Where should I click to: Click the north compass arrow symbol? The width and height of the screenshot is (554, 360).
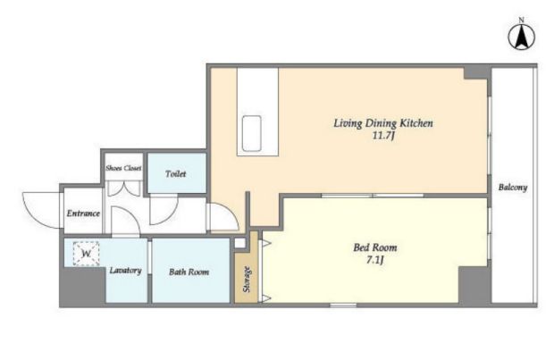click(x=521, y=37)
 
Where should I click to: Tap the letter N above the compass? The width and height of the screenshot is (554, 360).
click(x=521, y=21)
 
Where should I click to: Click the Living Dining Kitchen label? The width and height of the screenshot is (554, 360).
click(x=383, y=123)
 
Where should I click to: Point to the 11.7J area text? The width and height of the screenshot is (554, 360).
click(x=383, y=136)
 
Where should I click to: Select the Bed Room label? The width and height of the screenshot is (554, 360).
click(x=375, y=247)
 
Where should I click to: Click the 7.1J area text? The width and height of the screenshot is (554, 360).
click(x=375, y=260)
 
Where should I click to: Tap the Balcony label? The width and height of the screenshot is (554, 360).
click(x=513, y=188)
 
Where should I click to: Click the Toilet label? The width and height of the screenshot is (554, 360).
click(x=176, y=174)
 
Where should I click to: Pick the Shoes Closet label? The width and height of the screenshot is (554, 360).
click(x=123, y=168)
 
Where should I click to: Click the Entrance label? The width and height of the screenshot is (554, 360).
click(x=83, y=213)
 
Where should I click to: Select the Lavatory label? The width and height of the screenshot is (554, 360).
click(x=125, y=271)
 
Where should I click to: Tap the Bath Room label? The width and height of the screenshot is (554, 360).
click(x=189, y=272)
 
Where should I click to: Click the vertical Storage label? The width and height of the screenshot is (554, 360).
click(x=247, y=279)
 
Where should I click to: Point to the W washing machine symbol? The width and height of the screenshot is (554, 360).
click(x=86, y=254)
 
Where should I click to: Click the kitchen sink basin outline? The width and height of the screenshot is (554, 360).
click(x=252, y=133)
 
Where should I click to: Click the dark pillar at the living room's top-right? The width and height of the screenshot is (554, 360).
click(x=477, y=73)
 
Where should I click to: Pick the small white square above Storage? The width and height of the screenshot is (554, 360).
click(x=239, y=243)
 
